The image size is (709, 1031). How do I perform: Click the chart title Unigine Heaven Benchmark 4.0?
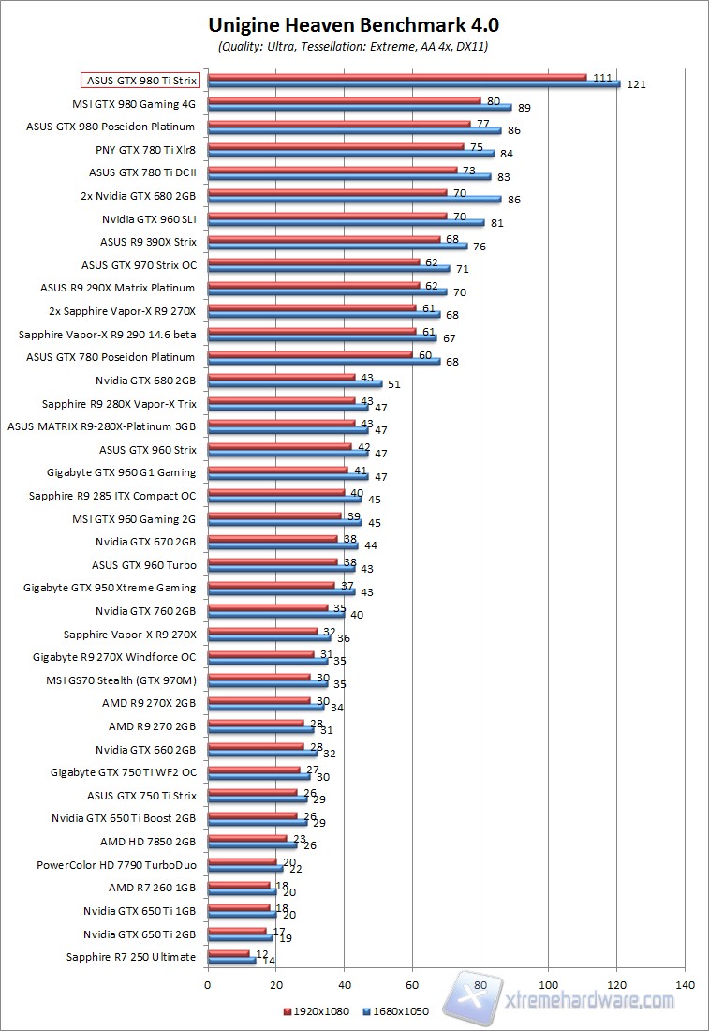(354, 24)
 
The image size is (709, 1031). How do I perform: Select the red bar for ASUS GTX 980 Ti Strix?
(396, 77)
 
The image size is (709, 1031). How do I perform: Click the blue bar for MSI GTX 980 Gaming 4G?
(359, 107)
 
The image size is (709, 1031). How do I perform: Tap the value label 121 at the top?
(637, 84)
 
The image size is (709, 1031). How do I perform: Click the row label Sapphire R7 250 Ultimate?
(131, 957)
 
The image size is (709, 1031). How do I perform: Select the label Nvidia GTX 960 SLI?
(149, 218)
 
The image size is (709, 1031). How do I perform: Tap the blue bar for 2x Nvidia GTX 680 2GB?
(354, 199)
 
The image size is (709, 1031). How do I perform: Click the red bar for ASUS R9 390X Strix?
(323, 238)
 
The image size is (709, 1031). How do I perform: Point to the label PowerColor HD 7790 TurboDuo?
(116, 865)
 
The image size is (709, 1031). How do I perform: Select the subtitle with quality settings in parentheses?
(354, 45)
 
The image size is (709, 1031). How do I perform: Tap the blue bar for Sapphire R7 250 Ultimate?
(231, 960)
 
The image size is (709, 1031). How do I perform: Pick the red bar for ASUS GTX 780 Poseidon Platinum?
(309, 353)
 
